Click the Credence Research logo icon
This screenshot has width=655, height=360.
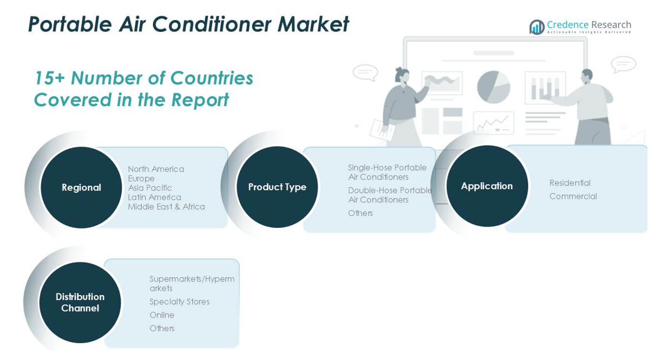click(x=537, y=27)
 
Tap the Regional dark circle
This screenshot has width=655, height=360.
click(x=81, y=187)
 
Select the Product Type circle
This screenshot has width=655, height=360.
click(x=277, y=187)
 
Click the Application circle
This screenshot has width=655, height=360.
click(x=487, y=186)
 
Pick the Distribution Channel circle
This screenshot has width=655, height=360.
click(x=80, y=303)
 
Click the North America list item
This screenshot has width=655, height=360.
click(x=156, y=169)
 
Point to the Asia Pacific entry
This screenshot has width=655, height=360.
click(x=150, y=188)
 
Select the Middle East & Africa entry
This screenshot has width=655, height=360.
click(x=166, y=207)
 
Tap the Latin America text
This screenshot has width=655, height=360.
click(x=154, y=198)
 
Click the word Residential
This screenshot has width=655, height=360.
click(x=570, y=183)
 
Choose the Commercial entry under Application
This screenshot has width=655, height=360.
click(x=573, y=196)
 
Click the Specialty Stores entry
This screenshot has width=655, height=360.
click(x=180, y=302)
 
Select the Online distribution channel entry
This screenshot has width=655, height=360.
click(x=162, y=315)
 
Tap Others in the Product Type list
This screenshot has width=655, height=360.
click(x=361, y=213)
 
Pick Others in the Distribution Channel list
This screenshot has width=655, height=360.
click(x=162, y=329)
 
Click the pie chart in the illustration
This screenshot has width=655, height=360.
click(x=494, y=87)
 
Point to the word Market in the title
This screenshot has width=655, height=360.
click(x=313, y=24)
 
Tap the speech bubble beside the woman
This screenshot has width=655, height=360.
click(x=365, y=73)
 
